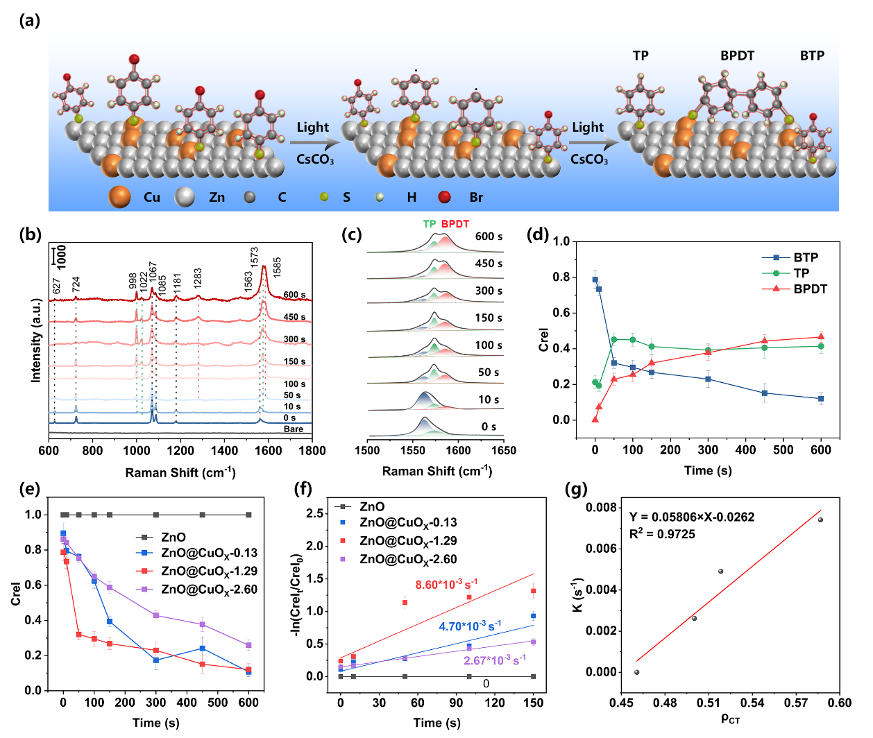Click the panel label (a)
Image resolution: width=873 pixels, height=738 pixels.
tap(29, 20)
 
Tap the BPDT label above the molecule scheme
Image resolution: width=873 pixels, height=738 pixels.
tap(737, 56)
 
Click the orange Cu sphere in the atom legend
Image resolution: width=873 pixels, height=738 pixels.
tap(119, 197)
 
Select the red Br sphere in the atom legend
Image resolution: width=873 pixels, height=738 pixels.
tap(444, 198)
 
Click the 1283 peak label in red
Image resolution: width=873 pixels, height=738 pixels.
tap(198, 279)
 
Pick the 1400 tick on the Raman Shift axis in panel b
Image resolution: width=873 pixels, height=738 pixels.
tap(224, 450)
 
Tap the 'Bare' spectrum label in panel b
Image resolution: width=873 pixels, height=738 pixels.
tap(294, 429)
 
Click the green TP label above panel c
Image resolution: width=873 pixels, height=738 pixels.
tap(430, 224)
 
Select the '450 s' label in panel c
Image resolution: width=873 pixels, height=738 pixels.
tap(489, 264)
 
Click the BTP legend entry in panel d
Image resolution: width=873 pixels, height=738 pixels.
tap(806, 257)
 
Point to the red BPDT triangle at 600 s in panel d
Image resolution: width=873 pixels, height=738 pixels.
tap(821, 337)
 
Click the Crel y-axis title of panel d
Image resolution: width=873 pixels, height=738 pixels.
tap(544, 340)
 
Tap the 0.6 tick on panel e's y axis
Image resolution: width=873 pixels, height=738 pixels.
tap(33, 585)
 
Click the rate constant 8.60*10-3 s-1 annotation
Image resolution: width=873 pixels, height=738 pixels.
tap(446, 585)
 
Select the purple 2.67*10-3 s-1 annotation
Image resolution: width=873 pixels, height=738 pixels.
tap(495, 660)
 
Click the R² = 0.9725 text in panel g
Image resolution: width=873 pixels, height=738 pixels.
tap(662, 534)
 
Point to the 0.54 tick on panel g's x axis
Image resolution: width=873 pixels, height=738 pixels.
tap(752, 703)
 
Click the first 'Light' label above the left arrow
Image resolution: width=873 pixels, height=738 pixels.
tap(313, 128)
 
